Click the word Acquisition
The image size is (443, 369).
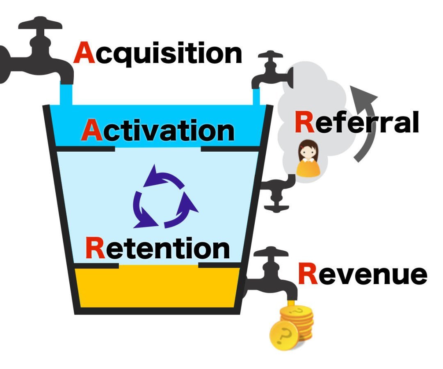click(x=158, y=55)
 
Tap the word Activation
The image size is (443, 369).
click(x=158, y=130)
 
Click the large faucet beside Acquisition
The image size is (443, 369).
click(x=37, y=57)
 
